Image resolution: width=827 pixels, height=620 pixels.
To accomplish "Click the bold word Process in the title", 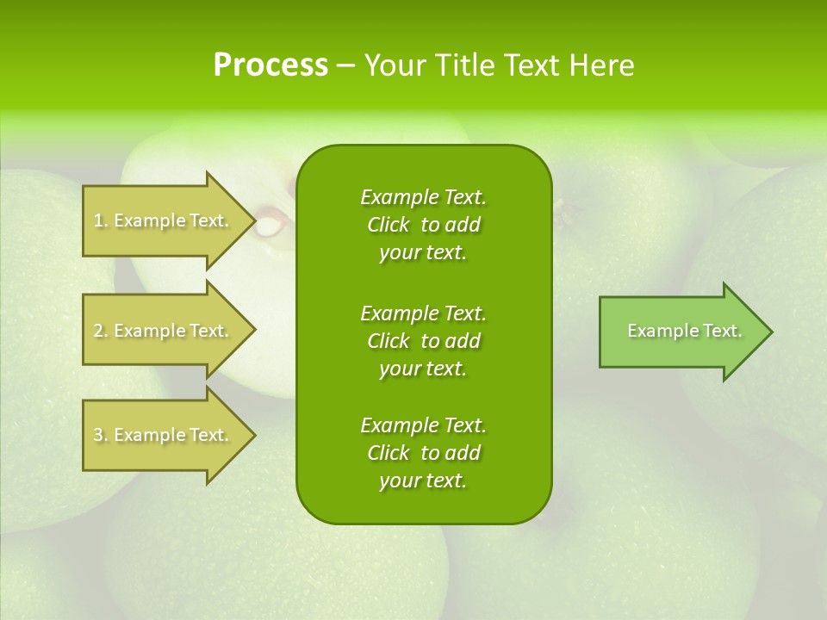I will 270,65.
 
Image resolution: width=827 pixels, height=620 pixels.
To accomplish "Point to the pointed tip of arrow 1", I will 252,220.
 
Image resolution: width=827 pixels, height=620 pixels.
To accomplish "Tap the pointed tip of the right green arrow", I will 769,332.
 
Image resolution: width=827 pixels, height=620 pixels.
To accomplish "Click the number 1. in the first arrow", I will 100,220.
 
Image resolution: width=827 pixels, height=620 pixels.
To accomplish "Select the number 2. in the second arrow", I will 100,331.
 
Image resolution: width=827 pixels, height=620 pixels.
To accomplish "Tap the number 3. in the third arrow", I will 100,435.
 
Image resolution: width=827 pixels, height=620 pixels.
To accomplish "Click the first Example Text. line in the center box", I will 423,197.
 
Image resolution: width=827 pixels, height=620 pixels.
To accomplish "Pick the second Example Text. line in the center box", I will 423,313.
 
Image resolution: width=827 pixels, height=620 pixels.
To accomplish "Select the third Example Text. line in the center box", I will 423,425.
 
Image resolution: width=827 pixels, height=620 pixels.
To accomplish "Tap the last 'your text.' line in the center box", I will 423,481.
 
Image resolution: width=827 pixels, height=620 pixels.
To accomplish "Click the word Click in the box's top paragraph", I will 388,225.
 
